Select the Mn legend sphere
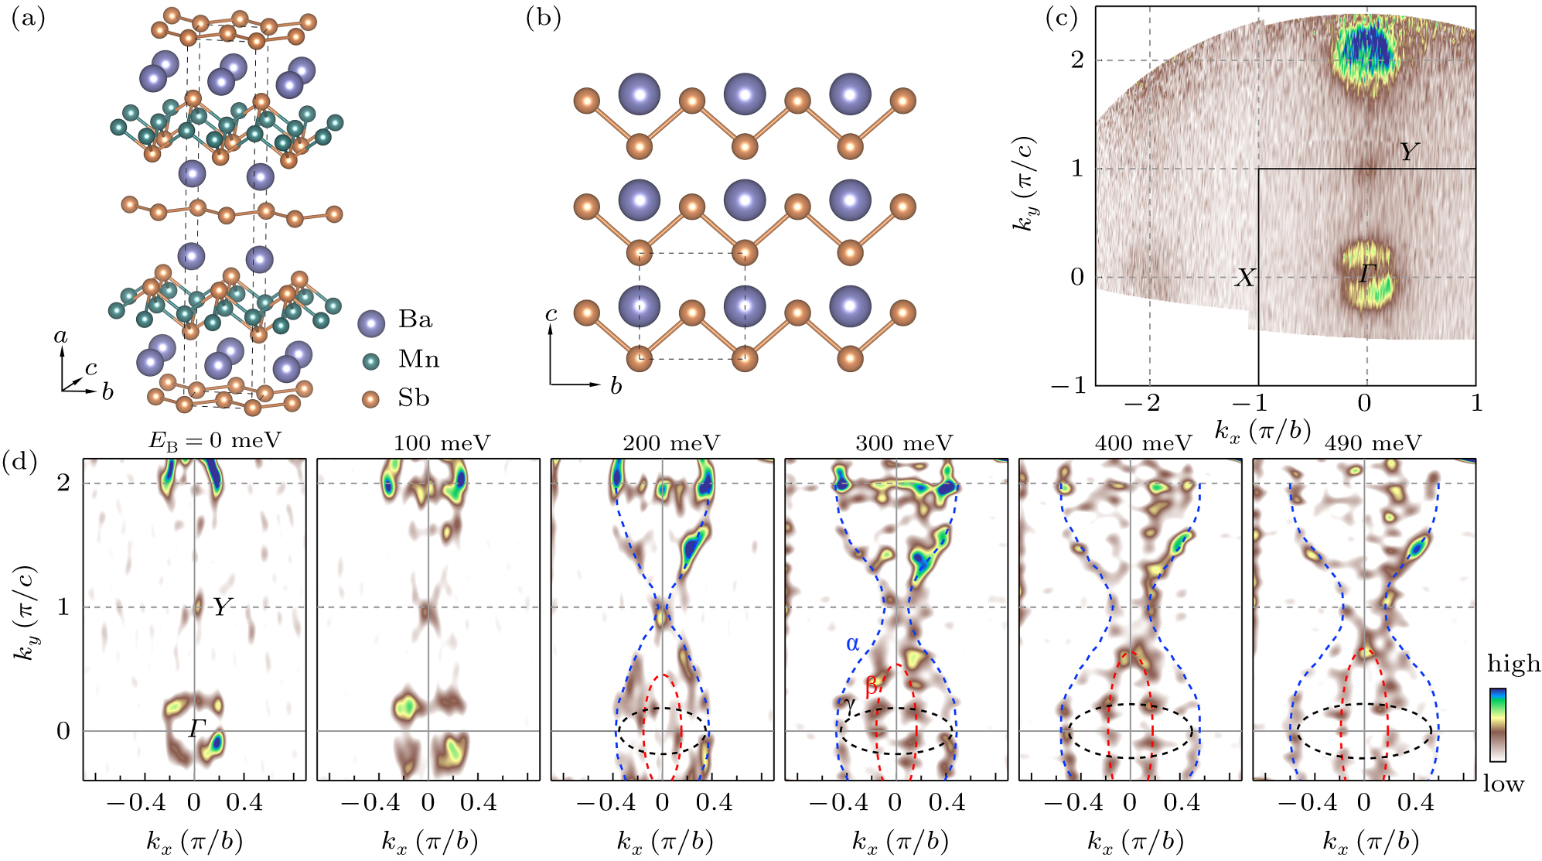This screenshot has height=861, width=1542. coord(371,360)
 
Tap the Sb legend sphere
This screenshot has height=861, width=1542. coord(371,399)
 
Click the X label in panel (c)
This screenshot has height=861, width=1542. coord(1244,278)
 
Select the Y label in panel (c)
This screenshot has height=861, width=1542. coord(1409,152)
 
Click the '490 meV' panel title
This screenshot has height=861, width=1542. coord(1373,443)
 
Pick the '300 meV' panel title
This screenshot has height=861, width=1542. coord(904,443)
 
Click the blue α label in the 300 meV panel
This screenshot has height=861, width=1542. coord(852,644)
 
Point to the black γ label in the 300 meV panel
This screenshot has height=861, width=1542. coord(850,706)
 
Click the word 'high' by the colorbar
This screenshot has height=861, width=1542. coord(1513,664)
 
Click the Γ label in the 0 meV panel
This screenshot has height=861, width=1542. coord(194,728)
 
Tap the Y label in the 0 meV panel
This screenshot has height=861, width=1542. coord(221,608)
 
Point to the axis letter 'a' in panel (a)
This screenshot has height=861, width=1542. coord(61,337)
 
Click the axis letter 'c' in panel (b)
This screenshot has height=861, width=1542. coord(551,314)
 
